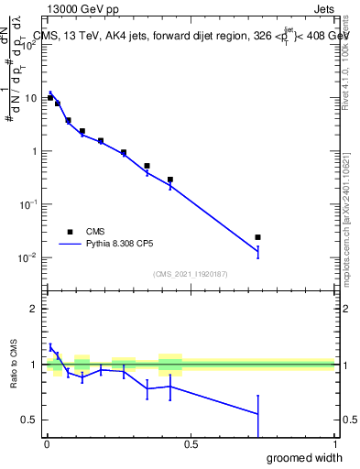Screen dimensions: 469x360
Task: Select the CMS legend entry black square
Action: click(x=70, y=233)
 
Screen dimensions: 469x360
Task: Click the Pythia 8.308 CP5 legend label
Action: click(x=129, y=245)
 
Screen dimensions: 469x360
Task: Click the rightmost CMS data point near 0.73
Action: click(x=257, y=237)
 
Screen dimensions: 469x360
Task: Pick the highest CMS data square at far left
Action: click(x=50, y=97)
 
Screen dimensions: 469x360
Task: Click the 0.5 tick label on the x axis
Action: click(x=190, y=445)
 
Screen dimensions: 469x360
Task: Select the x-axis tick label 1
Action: click(x=333, y=445)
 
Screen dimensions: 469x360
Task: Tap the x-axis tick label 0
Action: click(x=46, y=445)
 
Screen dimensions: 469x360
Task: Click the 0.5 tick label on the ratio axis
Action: click(x=29, y=420)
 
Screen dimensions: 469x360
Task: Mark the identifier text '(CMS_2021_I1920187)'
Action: click(x=190, y=273)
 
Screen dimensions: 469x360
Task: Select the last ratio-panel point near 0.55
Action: click(x=257, y=414)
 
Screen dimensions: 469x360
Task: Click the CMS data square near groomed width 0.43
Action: click(x=170, y=180)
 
